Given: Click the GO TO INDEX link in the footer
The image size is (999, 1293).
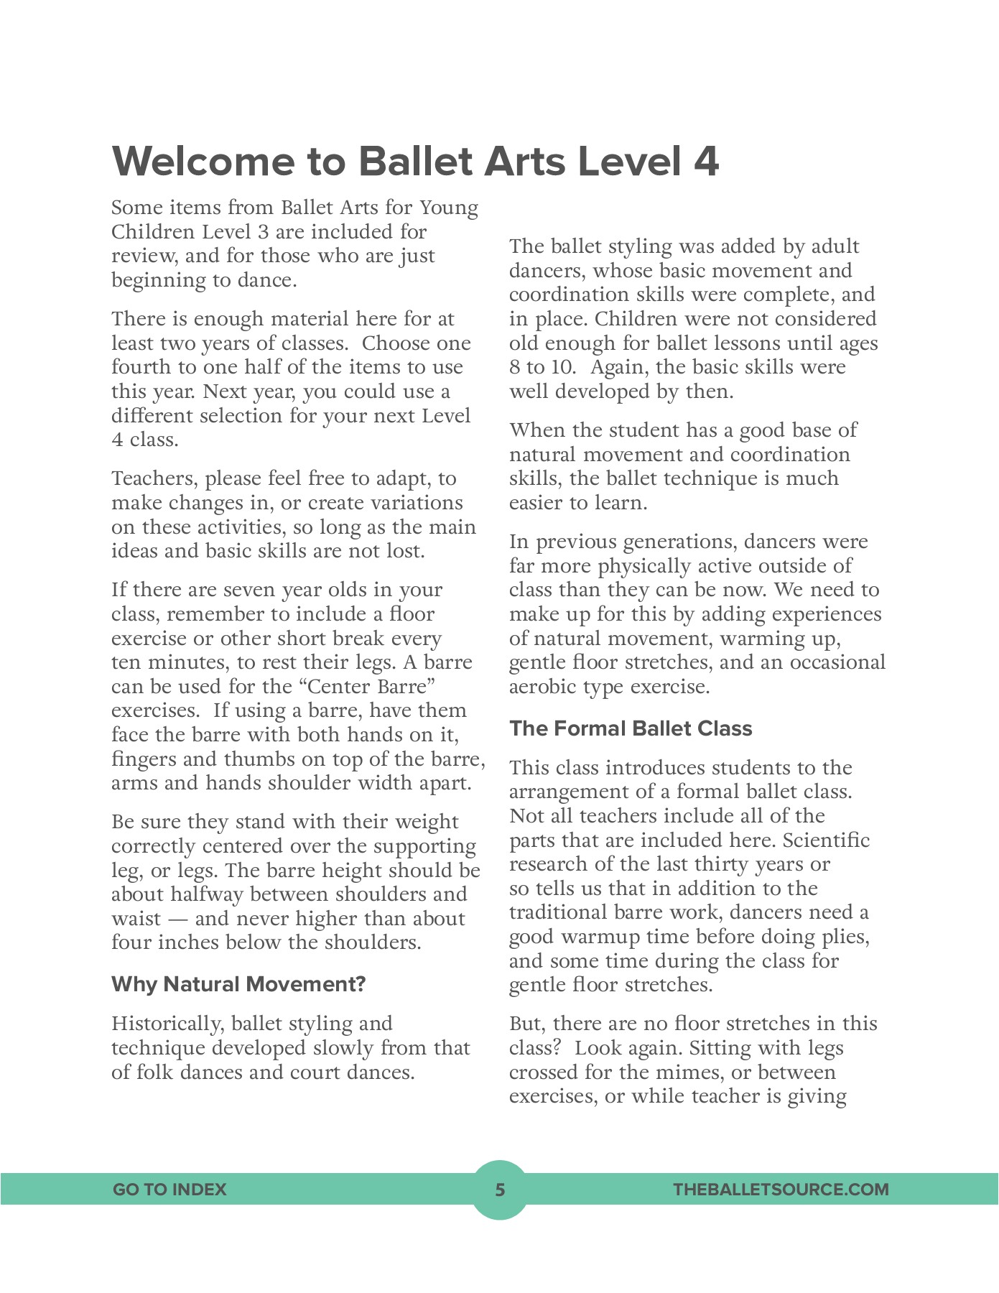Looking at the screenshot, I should tap(169, 1190).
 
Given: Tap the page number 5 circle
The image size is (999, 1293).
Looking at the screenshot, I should tap(500, 1190).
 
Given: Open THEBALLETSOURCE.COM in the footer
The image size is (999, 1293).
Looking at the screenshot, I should tap(781, 1190).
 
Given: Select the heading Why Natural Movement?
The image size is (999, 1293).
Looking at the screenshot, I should tap(238, 984).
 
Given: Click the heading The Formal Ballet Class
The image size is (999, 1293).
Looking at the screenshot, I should tap(631, 728).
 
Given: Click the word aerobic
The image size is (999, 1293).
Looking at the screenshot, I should tap(543, 687).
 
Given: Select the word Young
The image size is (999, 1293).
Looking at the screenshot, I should tap(449, 208).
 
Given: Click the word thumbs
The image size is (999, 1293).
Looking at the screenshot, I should tap(256, 759).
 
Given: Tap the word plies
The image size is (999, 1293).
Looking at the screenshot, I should tap(847, 937).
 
